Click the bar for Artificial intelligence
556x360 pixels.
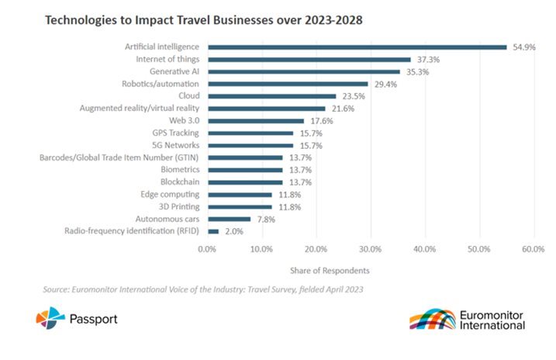[357, 47]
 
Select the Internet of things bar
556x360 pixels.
[309, 60]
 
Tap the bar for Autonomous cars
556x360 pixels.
[229, 219]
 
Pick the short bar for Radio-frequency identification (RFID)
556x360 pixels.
[212, 231]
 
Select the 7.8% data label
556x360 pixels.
[266, 219]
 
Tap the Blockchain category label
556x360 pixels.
[180, 182]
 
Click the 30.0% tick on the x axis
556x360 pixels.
[371, 249]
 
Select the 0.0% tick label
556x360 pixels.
[207, 249]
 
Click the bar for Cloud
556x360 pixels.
[271, 96]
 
